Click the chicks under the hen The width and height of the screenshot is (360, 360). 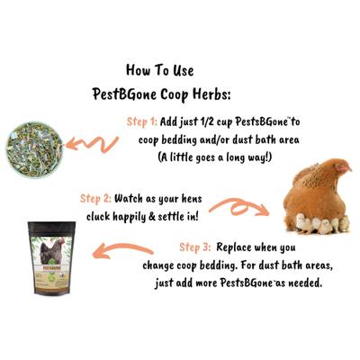pyautogui.click(x=316, y=223)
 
